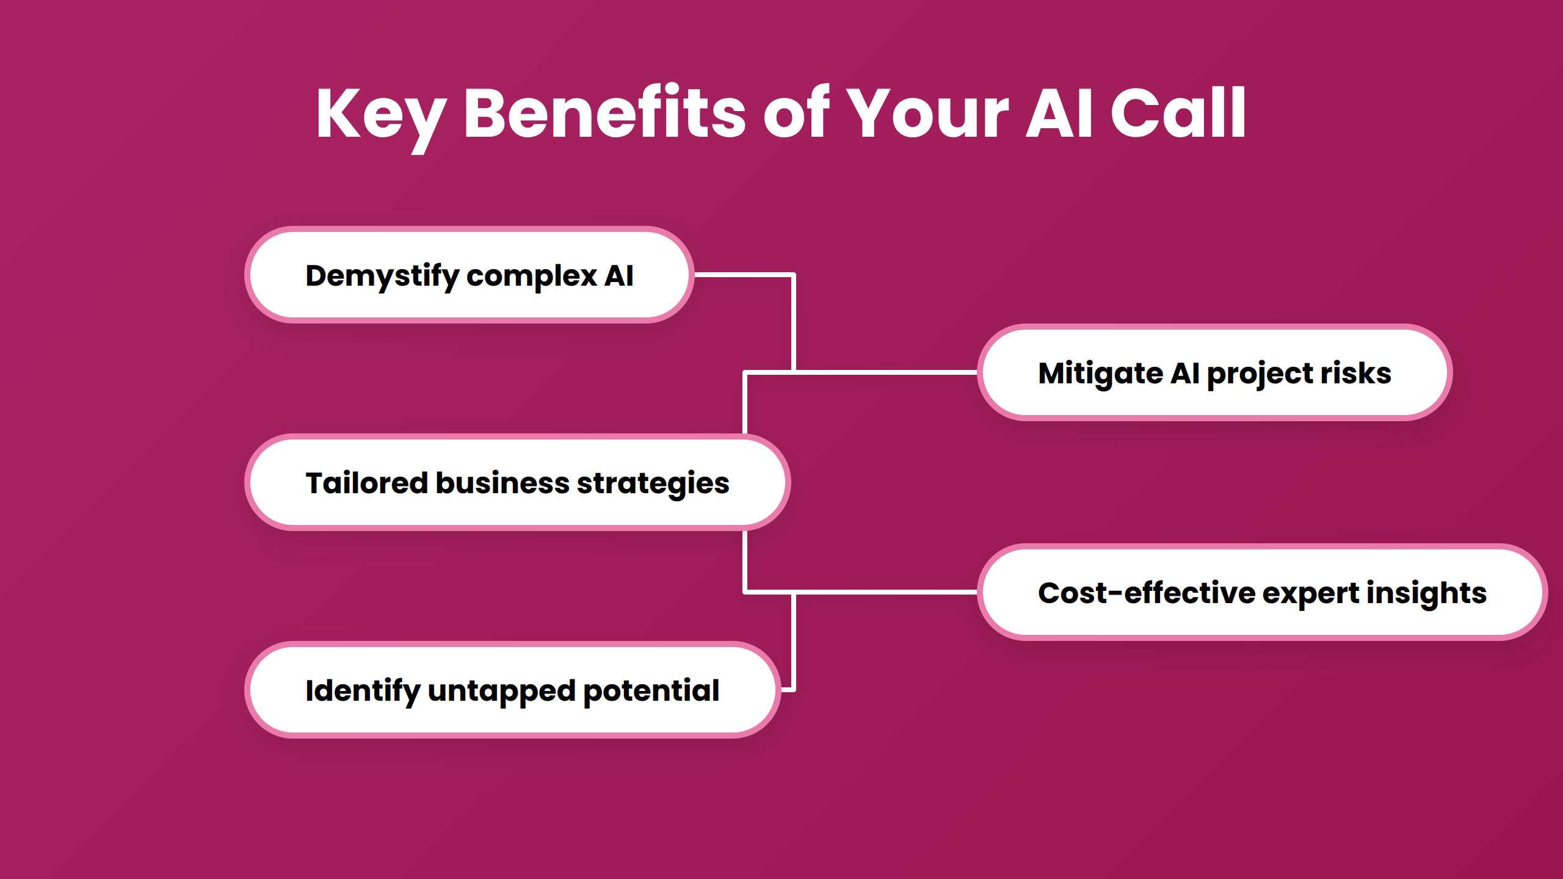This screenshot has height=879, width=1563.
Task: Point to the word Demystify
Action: click(382, 276)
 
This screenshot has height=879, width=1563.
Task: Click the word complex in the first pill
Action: click(531, 276)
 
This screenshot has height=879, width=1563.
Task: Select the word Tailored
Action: click(366, 483)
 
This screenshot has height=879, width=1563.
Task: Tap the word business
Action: click(502, 483)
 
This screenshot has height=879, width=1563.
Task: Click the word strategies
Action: click(653, 483)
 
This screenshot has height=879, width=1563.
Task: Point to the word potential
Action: click(651, 691)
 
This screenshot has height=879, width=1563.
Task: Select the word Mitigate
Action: click(1100, 374)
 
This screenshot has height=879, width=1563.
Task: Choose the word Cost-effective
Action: click(1146, 593)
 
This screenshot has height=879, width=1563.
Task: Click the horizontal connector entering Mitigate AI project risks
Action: click(885, 372)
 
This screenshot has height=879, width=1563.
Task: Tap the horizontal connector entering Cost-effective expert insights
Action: click(885, 591)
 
